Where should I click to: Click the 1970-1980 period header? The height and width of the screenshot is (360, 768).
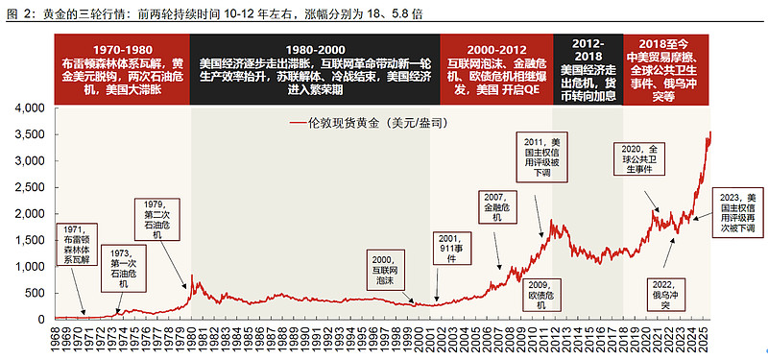pyautogui.click(x=122, y=49)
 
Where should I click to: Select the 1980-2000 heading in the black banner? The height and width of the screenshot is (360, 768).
pyautogui.click(x=314, y=49)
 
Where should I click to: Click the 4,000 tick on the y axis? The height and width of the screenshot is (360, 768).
pyautogui.click(x=31, y=109)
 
